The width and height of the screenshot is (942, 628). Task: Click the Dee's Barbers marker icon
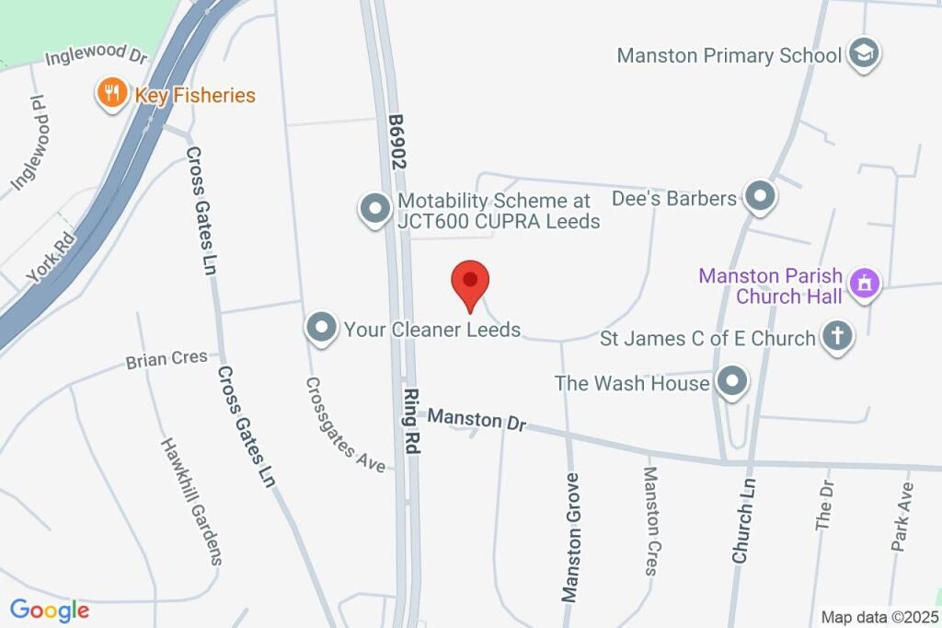[760, 197]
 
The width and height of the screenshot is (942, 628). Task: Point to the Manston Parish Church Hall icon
[864, 285]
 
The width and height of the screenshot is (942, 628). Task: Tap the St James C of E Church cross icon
[837, 337]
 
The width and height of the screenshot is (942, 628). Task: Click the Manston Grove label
[571, 538]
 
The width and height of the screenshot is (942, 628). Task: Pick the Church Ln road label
[744, 518]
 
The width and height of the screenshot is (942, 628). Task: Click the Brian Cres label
[167, 359]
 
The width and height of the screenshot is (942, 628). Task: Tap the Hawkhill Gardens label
[191, 501]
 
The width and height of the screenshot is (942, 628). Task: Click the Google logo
[50, 610]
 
